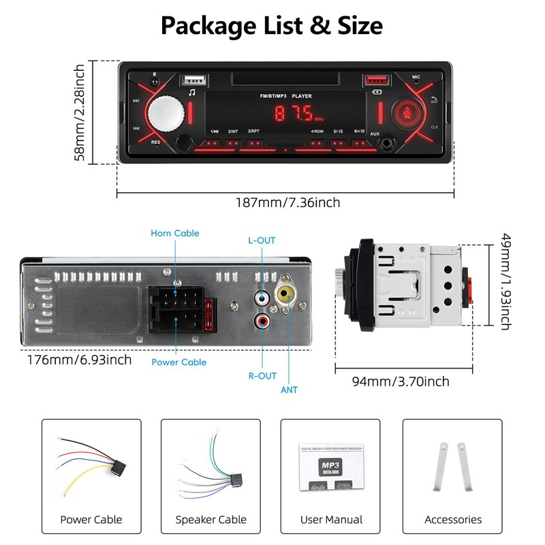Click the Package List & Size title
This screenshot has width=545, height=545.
click(x=272, y=26)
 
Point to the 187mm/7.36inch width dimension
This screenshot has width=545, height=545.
click(x=287, y=202)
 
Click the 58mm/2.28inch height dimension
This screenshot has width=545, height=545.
click(x=80, y=112)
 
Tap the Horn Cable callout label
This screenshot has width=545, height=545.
click(x=175, y=233)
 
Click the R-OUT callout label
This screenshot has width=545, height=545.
click(x=263, y=375)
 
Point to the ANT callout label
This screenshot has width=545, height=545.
click(x=289, y=390)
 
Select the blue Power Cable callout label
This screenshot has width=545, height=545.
click(x=179, y=362)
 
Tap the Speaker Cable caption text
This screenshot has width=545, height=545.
click(x=211, y=520)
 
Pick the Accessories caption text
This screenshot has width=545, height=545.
click(x=453, y=520)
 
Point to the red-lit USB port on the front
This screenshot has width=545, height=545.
click(x=375, y=81)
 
